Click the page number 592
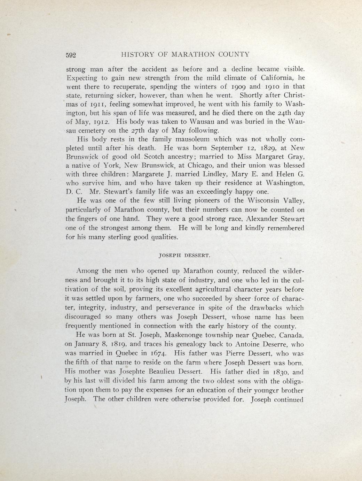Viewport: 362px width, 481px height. tap(71, 55)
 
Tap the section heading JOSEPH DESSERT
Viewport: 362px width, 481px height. tap(184, 255)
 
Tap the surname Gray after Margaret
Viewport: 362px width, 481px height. tap(296, 157)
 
